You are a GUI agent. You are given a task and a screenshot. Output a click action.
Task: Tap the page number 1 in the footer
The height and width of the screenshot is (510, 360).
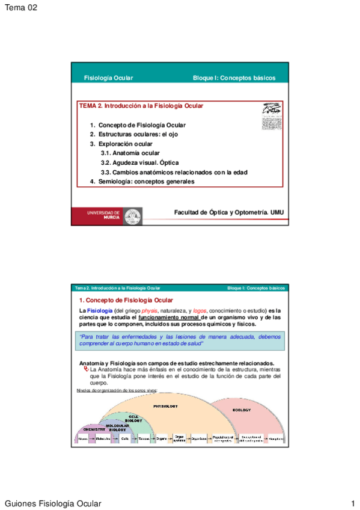(x=354, y=503)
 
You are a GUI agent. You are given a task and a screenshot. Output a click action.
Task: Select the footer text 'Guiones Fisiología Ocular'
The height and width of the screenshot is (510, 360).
(x=53, y=503)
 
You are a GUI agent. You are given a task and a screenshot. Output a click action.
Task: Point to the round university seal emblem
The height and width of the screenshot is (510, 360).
(x=133, y=217)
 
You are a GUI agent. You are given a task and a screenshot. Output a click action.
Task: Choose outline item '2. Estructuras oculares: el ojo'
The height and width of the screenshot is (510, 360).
(x=133, y=134)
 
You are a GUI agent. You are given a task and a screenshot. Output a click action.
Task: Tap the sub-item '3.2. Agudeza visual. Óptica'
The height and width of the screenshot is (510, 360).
(x=140, y=162)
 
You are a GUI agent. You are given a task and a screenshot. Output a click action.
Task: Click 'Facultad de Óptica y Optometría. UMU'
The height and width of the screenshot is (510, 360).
(x=228, y=212)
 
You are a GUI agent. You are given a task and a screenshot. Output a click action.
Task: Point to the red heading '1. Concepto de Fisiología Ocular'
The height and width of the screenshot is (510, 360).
(x=126, y=300)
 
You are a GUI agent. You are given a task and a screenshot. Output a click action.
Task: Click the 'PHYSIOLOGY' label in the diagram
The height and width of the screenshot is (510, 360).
(x=165, y=406)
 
